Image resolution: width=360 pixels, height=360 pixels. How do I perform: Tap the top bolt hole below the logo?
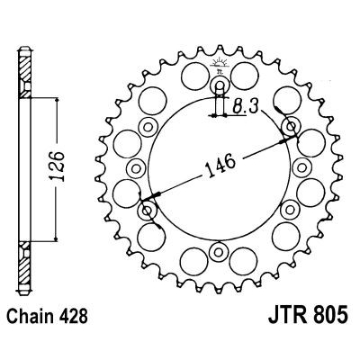(x=220, y=87)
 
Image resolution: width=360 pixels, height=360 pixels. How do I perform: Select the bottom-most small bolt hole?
(x=220, y=249)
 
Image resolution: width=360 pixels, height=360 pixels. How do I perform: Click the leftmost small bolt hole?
(x=138, y=168)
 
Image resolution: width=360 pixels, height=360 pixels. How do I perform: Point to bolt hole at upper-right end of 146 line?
(x=290, y=127)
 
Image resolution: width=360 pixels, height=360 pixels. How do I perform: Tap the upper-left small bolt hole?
(x=149, y=127)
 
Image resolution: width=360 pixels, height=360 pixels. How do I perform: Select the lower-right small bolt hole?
(x=290, y=209)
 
